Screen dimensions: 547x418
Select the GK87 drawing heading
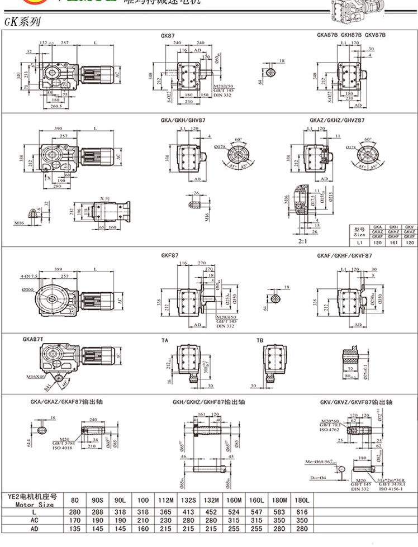(x=168, y=35)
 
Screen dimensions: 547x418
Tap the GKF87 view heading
(x=169, y=255)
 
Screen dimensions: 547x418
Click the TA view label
(x=164, y=340)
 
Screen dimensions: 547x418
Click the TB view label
(x=259, y=340)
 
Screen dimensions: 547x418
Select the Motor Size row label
(x=31, y=504)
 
